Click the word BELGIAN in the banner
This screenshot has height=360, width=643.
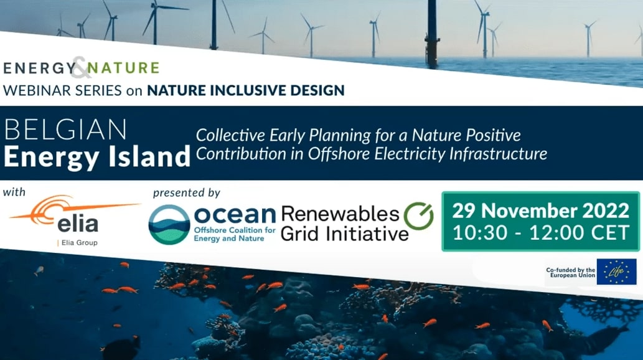click(x=65, y=130)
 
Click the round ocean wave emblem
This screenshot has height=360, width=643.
click(x=169, y=225)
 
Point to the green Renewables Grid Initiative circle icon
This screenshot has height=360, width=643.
click(x=418, y=216)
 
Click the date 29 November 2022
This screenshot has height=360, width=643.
click(x=540, y=211)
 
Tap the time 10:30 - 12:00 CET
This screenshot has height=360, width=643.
click(x=540, y=233)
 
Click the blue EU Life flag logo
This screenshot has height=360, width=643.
click(x=616, y=272)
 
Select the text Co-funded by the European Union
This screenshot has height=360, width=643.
click(x=570, y=273)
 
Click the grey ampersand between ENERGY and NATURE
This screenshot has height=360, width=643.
click(x=81, y=68)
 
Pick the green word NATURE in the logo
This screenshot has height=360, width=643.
click(x=123, y=68)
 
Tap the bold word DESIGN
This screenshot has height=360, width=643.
click(x=317, y=90)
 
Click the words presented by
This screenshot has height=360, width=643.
click(x=187, y=193)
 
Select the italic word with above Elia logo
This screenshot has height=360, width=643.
click(x=14, y=192)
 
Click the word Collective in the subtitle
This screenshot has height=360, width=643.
click(x=230, y=135)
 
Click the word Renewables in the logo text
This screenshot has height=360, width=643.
click(x=340, y=214)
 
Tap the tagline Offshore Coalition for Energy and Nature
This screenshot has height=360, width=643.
click(x=235, y=234)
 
